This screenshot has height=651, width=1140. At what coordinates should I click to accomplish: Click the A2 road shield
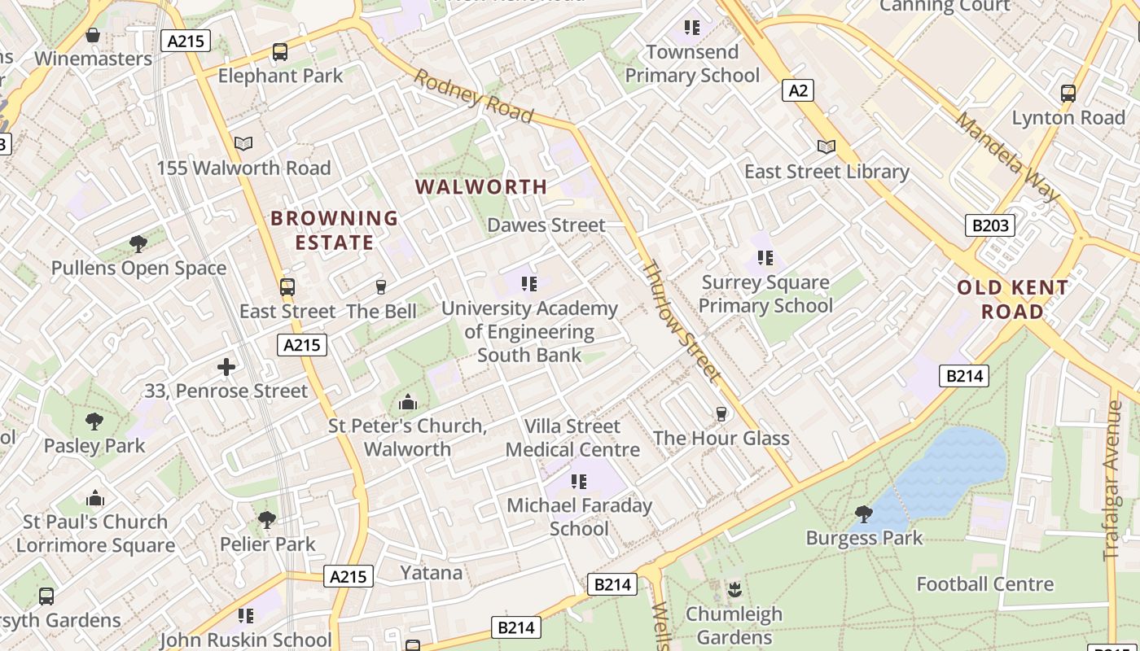tap(798, 90)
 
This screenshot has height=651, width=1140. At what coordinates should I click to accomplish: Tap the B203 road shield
tap(990, 225)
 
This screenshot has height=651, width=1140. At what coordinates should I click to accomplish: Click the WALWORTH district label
tap(481, 187)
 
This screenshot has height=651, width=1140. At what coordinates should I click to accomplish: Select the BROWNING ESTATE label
tap(335, 230)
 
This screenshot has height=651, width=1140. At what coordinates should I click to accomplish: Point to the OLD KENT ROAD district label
tap(1012, 299)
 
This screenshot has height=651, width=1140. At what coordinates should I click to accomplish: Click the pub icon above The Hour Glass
tap(721, 414)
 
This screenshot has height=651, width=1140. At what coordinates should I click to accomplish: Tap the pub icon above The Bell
tap(380, 286)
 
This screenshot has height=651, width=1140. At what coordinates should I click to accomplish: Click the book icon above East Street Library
tap(826, 146)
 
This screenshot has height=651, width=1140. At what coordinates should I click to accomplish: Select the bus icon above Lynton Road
tap(1068, 94)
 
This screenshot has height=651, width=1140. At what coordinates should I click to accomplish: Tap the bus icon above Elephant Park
tap(280, 52)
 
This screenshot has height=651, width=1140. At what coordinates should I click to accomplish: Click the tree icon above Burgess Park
tap(864, 514)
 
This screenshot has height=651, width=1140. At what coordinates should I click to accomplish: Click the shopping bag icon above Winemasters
tap(93, 35)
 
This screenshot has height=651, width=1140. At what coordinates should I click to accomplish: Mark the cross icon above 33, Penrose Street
tap(226, 367)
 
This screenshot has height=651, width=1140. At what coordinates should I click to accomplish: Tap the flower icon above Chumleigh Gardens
tap(734, 589)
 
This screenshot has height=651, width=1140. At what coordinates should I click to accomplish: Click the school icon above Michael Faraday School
tap(579, 481)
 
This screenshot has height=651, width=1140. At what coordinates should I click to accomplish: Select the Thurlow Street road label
tap(682, 321)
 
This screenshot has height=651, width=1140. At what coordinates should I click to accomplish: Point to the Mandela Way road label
tap(1007, 156)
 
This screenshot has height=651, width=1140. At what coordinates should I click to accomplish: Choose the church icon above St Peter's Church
tap(407, 402)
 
